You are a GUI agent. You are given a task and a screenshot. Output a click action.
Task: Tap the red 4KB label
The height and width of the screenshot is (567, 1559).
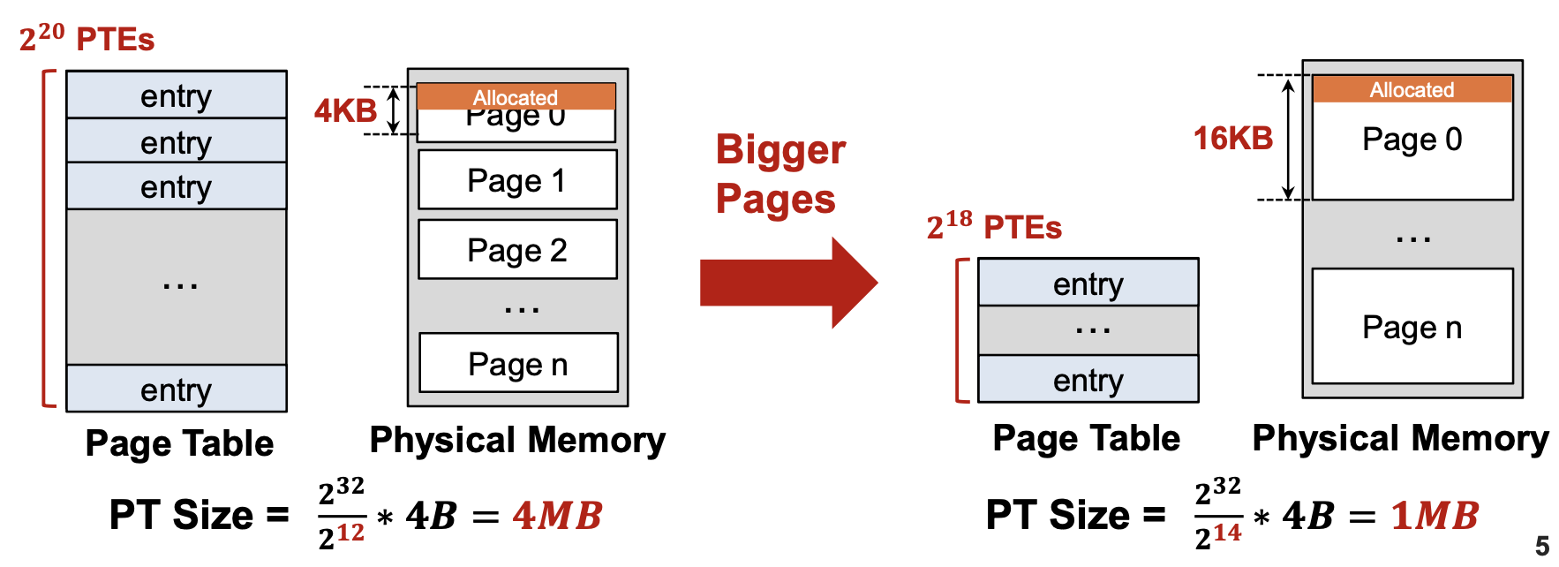point(345,111)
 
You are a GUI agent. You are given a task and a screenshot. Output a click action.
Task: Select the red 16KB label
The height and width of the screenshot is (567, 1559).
point(1232,138)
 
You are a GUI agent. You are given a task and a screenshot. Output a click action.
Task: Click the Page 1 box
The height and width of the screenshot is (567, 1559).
point(517,180)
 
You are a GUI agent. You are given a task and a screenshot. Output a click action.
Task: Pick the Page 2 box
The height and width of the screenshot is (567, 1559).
point(517,250)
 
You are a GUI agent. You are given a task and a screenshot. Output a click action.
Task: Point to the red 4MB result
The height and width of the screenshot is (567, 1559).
point(557,516)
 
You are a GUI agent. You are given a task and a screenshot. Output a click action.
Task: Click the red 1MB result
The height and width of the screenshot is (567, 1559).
point(1435,516)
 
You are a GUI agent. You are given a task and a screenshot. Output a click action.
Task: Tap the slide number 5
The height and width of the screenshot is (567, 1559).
point(1542,546)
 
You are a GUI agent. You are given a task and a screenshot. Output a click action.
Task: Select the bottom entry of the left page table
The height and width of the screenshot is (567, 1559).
point(177,389)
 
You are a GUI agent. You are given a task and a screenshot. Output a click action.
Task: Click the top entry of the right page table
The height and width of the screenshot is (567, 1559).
point(1088,283)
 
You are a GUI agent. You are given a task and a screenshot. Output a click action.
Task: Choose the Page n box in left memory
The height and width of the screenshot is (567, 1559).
point(518,363)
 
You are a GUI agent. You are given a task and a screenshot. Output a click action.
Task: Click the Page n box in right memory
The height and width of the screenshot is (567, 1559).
point(1412,327)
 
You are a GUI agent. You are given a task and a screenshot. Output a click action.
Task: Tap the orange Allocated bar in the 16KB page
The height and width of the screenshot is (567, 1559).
point(1412,89)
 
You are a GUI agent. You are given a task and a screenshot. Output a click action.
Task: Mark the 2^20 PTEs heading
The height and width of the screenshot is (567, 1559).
point(87,39)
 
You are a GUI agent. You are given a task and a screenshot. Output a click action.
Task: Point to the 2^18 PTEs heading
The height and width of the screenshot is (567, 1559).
point(994,227)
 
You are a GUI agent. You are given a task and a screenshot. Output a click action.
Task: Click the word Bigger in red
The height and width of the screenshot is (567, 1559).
point(780,150)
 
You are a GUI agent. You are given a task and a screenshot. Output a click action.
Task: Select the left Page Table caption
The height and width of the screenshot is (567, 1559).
point(179,443)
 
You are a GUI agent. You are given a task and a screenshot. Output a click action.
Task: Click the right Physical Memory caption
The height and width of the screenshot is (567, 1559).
point(1400,439)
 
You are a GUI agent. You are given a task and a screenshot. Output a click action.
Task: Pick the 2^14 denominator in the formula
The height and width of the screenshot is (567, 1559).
point(1217,535)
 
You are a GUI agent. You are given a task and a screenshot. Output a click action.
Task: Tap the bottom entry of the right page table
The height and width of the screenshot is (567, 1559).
point(1088,380)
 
